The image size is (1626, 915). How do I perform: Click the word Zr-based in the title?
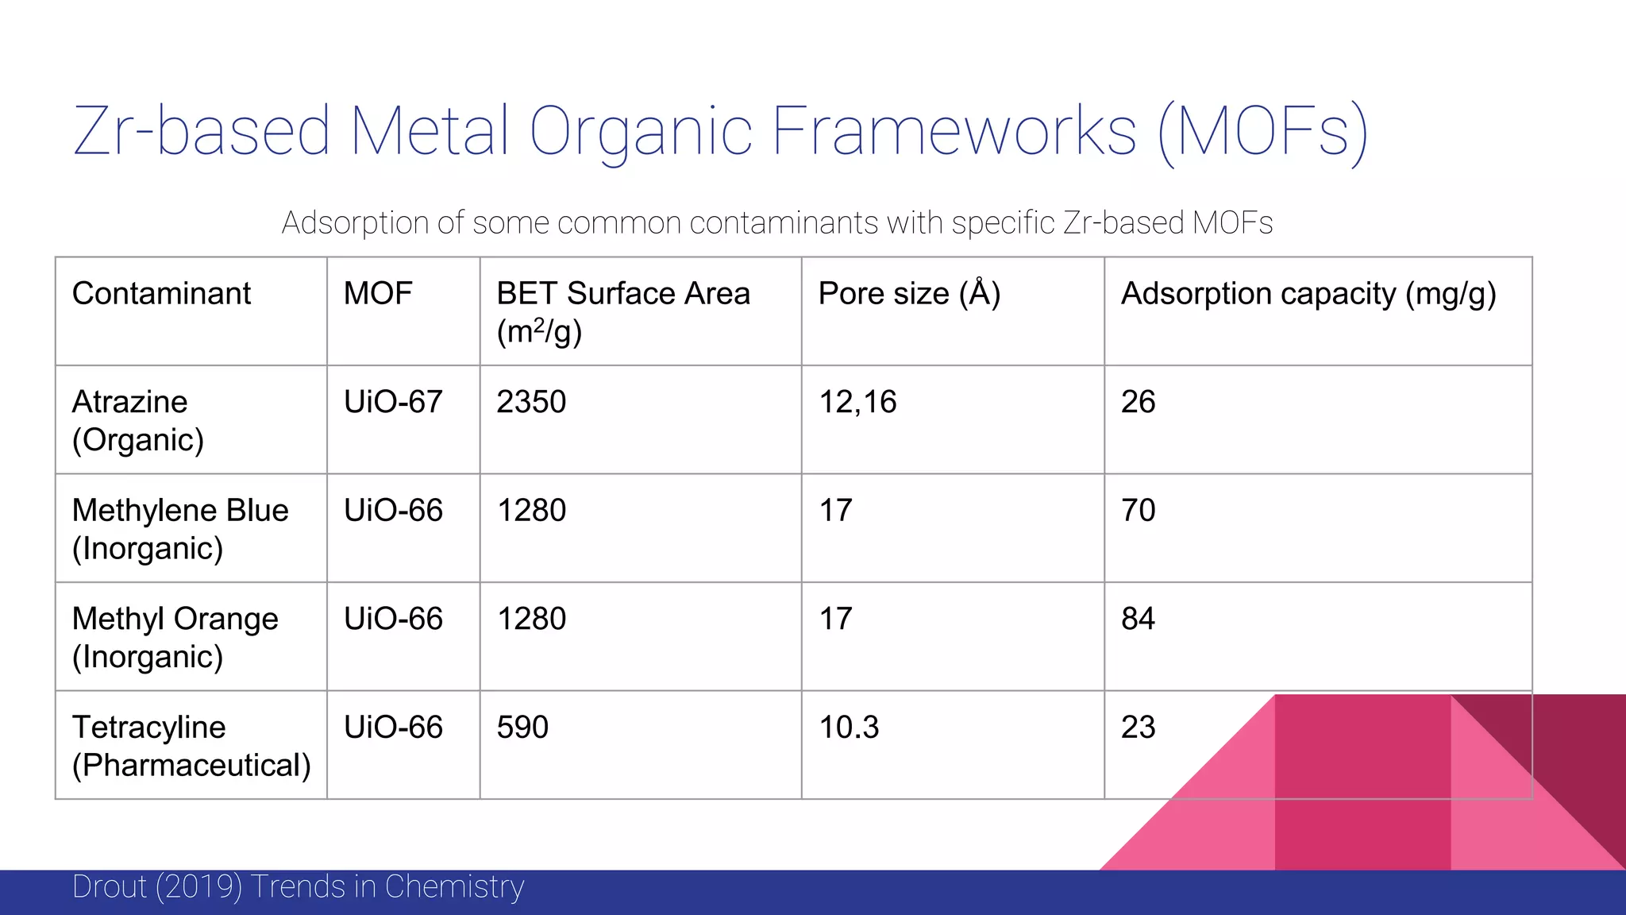pos(202,131)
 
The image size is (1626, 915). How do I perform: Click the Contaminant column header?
pos(161,294)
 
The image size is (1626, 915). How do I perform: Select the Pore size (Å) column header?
pos(909,294)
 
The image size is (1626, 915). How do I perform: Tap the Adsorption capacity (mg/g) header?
pos(1308,294)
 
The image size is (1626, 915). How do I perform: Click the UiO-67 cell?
pos(393,402)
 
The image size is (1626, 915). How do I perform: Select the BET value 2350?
pos(531,402)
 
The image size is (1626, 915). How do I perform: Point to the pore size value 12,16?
pos(857,402)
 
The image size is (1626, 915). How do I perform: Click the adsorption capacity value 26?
pos(1138,402)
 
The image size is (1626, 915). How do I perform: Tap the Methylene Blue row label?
pos(180,529)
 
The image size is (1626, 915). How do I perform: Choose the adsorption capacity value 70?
pos(1138,510)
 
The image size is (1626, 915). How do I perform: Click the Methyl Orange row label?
pos(175,637)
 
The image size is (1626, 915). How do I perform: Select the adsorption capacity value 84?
pos(1138,619)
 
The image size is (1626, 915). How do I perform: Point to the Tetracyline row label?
pos(191,746)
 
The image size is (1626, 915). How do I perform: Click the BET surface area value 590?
pos(522,728)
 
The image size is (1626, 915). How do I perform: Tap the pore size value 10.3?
pos(849,728)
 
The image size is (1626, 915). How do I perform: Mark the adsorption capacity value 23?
pos(1138,728)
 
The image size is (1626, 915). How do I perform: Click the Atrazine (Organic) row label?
pos(138,420)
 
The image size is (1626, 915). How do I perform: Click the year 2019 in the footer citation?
pos(198,886)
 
